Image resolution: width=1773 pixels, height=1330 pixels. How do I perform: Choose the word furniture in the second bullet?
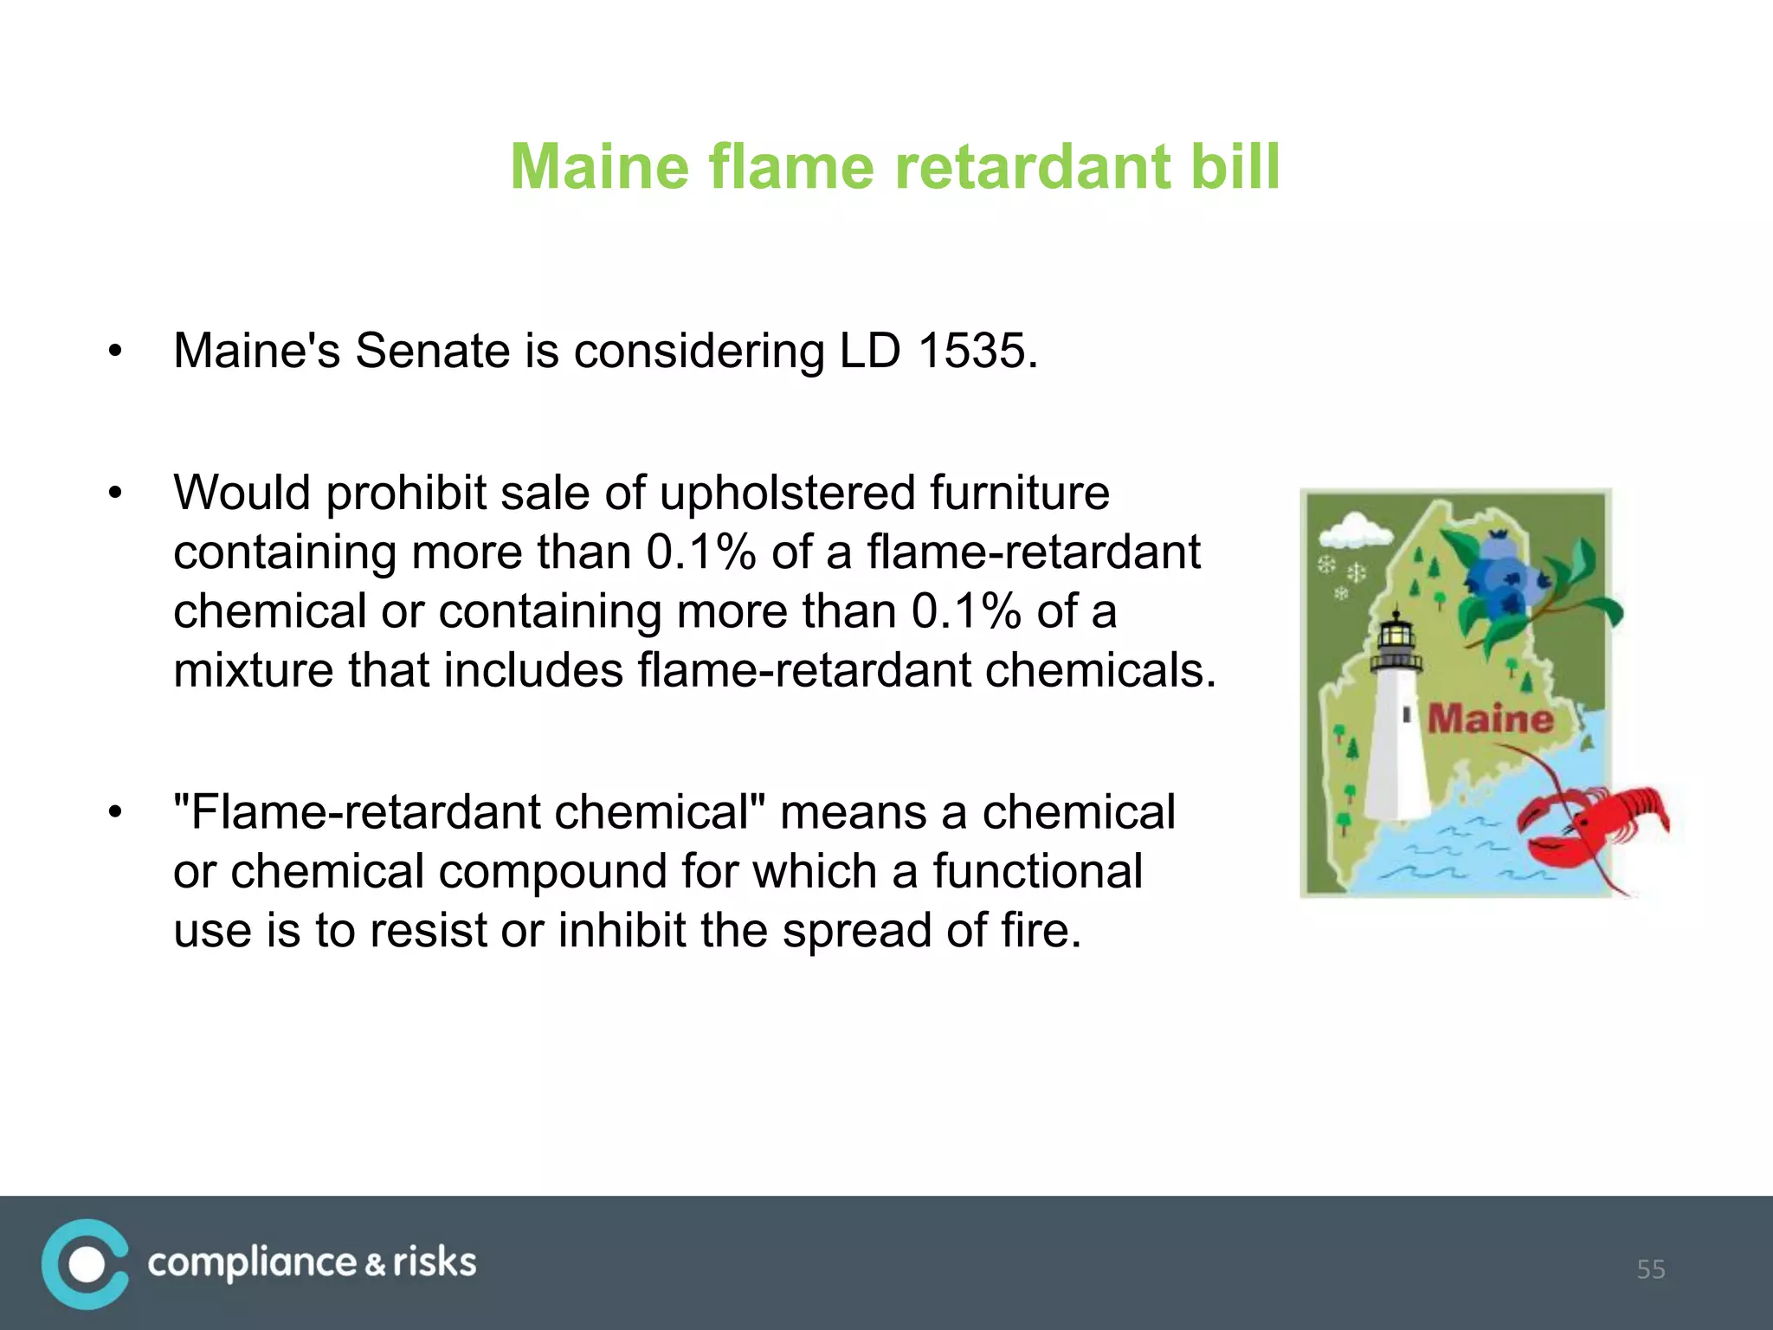point(1020,493)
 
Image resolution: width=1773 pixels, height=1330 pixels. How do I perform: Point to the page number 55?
point(1650,1269)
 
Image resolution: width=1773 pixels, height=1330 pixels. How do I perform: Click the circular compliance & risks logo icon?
point(85,1263)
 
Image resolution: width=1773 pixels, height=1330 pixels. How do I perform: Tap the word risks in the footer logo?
point(435,1263)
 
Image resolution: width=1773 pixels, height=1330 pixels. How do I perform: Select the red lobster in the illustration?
point(1593,827)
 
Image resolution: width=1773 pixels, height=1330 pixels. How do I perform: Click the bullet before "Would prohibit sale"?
point(115,494)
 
